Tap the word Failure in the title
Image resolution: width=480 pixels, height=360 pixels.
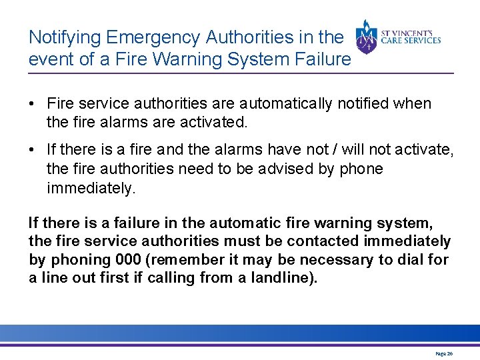320,59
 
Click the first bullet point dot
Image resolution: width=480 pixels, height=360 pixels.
32,104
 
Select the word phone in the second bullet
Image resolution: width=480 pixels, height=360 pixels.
361,169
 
